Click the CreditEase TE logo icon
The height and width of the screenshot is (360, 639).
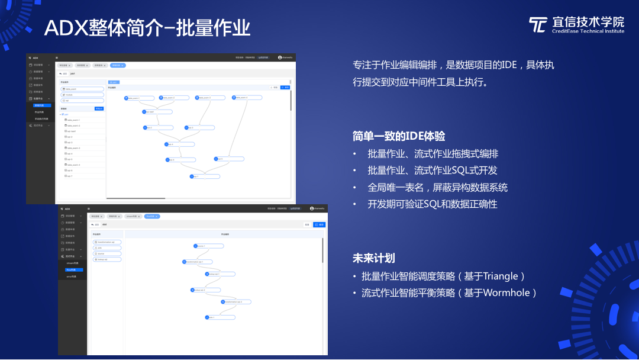(x=538, y=25)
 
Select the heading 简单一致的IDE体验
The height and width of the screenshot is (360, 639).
(x=399, y=136)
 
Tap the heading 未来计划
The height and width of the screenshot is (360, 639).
(x=374, y=258)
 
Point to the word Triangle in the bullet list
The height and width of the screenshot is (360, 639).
(x=500, y=277)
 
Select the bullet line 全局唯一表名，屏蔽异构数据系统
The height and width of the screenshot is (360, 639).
(x=437, y=187)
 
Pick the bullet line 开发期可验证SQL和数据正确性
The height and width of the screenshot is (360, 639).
(x=433, y=204)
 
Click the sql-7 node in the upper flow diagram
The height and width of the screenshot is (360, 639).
(x=205, y=176)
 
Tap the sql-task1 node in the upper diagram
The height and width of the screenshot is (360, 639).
(x=157, y=111)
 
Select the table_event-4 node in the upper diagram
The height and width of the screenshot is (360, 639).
(x=247, y=98)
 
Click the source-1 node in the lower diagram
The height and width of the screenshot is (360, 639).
(x=208, y=246)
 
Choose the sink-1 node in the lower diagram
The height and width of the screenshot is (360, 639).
(x=220, y=317)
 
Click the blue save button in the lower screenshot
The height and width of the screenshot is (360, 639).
(x=319, y=225)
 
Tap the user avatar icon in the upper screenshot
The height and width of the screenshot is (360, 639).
(x=280, y=57)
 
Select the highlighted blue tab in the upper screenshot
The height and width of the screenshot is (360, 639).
(x=118, y=65)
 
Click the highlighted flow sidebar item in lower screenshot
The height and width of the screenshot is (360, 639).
(x=74, y=270)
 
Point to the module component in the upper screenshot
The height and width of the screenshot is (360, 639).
(x=82, y=95)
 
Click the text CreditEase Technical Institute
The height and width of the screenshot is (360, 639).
(x=588, y=31)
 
